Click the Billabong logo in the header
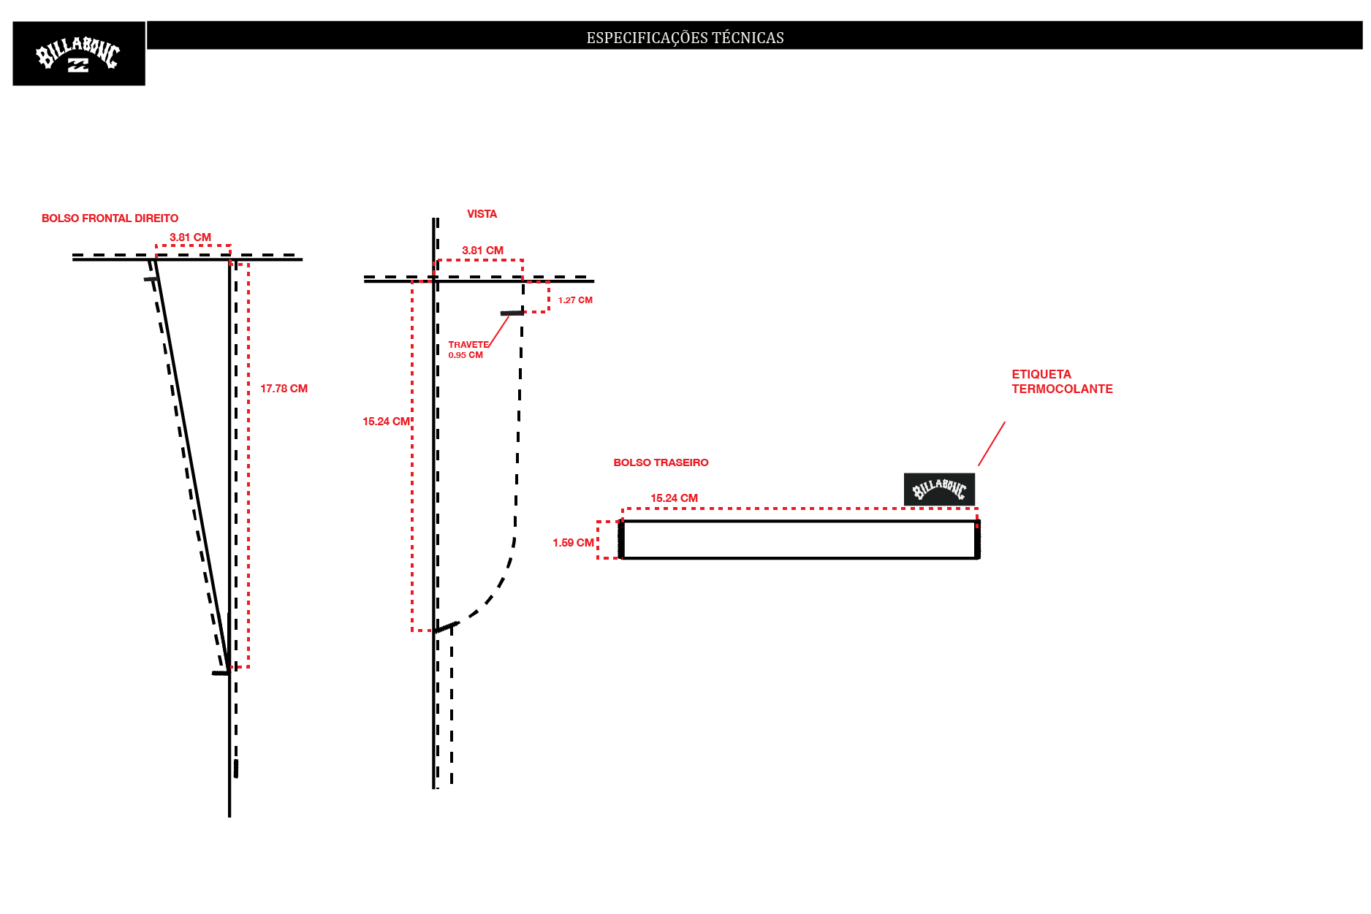[x=78, y=54]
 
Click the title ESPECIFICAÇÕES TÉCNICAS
[x=685, y=38]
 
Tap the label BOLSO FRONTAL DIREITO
[x=110, y=218]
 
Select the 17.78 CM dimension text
[x=284, y=389]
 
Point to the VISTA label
[x=482, y=214]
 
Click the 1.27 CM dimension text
[x=575, y=300]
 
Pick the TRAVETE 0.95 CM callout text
[x=468, y=350]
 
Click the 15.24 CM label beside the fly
[x=386, y=422]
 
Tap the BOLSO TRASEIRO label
[x=661, y=462]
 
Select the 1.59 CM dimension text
[x=573, y=543]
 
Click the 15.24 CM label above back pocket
[x=674, y=498]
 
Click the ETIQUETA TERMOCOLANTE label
[x=1062, y=381]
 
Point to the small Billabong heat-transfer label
[x=939, y=489]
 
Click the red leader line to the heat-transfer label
[x=992, y=443]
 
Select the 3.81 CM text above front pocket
[x=190, y=237]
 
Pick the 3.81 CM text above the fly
[x=482, y=251]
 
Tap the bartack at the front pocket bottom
[x=221, y=673]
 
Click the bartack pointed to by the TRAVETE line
[x=512, y=313]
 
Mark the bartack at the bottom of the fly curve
[x=447, y=627]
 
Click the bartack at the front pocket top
[x=151, y=279]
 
